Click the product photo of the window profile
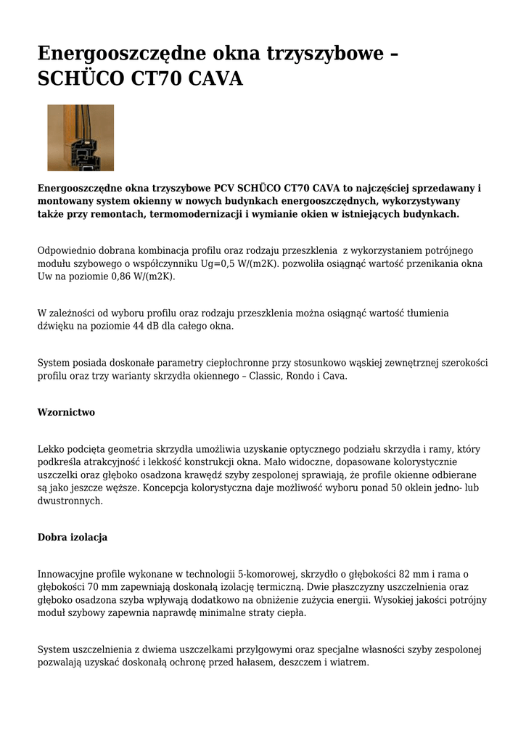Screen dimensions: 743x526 (81, 138)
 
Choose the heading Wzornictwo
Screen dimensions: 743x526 (66, 412)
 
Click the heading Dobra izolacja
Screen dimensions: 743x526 (73, 537)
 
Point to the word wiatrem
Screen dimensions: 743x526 (350, 662)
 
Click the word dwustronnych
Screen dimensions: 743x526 (70, 501)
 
